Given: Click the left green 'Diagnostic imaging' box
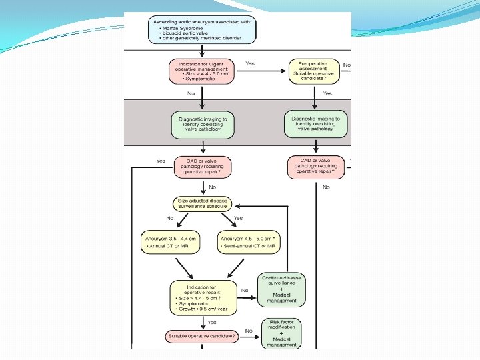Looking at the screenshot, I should click(x=203, y=125).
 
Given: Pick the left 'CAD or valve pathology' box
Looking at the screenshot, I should click(x=203, y=167).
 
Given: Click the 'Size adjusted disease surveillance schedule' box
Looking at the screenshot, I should click(x=203, y=203).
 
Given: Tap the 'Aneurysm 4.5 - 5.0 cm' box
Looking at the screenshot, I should click(x=249, y=242).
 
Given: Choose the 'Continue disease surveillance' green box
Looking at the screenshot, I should click(x=281, y=290).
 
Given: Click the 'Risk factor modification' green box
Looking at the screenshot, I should click(x=281, y=333).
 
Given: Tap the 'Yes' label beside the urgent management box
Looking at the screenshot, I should click(x=250, y=64).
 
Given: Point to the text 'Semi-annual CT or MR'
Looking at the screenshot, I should click(x=249, y=247).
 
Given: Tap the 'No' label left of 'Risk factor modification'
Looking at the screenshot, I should click(x=249, y=331).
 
